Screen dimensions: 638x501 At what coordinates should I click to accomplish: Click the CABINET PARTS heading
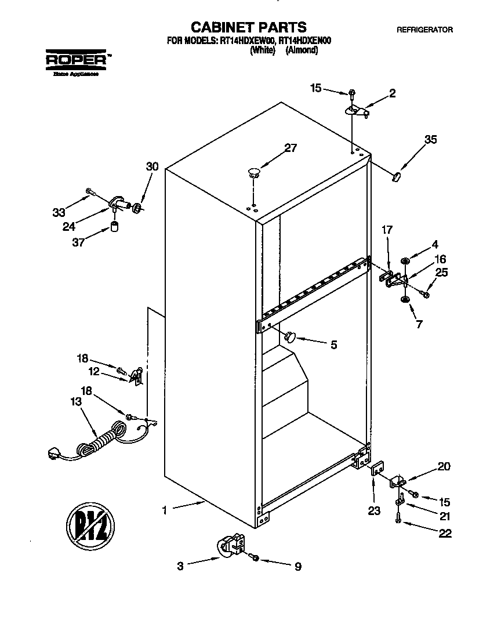pos(249,27)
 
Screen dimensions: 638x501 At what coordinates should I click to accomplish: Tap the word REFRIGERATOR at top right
pos(424,30)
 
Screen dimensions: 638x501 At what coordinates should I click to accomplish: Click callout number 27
pos(289,148)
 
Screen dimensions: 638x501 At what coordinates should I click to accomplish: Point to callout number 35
pos(430,139)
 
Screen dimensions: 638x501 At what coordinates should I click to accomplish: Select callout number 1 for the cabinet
pos(165,510)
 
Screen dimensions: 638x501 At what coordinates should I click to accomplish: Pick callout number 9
pos(297,567)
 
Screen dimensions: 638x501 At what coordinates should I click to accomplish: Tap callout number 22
pos(445,534)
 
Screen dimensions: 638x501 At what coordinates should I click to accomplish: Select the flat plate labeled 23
pos(376,467)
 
